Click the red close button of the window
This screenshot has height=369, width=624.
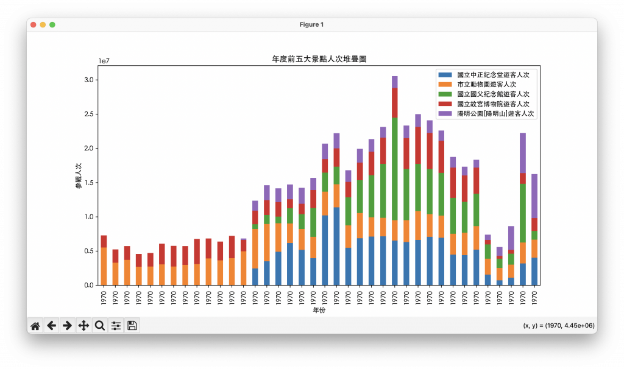tap(33, 24)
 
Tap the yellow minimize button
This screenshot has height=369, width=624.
tap(43, 24)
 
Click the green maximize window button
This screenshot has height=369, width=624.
tap(52, 24)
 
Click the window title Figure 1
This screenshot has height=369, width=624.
tap(312, 24)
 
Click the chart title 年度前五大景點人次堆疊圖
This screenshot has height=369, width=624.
tap(319, 59)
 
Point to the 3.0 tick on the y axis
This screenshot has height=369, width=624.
tap(88, 80)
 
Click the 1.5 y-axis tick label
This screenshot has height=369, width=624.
tap(88, 183)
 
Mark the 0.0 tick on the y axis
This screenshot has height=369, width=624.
tap(88, 285)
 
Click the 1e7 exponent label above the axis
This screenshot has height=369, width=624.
tap(105, 61)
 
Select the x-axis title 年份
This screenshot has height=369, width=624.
tap(319, 310)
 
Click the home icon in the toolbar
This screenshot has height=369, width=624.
tap(35, 326)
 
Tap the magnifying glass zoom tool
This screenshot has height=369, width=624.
tap(99, 326)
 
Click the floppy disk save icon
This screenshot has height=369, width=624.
tap(132, 326)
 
